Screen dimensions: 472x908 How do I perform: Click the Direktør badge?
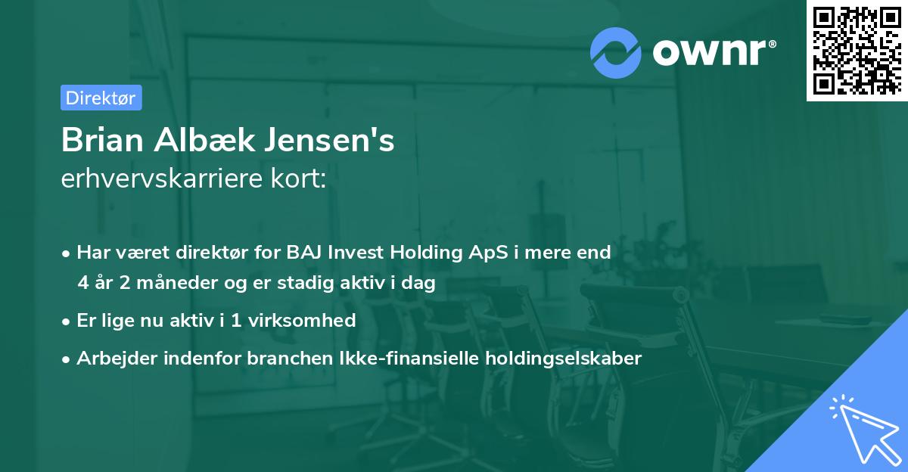(101, 98)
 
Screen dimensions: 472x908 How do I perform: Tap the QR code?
(857, 50)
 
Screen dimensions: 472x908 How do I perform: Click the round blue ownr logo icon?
(617, 52)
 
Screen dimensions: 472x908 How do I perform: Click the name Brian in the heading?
(103, 141)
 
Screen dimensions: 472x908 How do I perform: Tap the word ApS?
(477, 253)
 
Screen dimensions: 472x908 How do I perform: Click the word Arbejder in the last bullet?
(113, 358)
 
